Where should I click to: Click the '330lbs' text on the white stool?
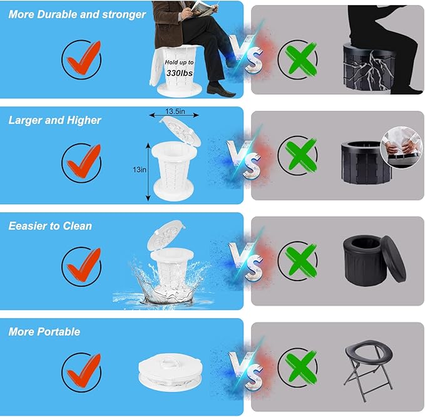180,73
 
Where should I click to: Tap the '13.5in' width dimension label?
175,111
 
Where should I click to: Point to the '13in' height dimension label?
140,170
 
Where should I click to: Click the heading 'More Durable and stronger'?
77,14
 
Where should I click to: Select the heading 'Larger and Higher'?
54,120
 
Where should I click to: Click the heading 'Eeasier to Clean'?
50,226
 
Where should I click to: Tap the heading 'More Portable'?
44,332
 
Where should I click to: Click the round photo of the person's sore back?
402,147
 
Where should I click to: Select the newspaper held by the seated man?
203,8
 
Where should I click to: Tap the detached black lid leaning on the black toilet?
393,259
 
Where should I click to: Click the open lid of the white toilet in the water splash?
166,235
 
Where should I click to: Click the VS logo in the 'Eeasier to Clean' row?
246,262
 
